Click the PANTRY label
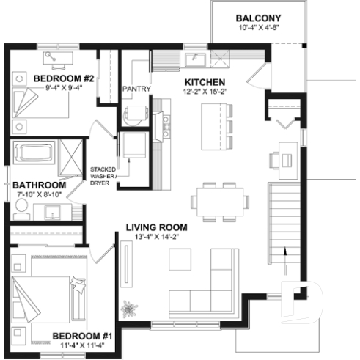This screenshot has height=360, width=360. click(136, 89)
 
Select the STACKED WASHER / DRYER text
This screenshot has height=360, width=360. click(103, 175)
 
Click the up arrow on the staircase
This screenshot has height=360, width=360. click(286, 254)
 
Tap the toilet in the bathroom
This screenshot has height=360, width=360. click(21, 210)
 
